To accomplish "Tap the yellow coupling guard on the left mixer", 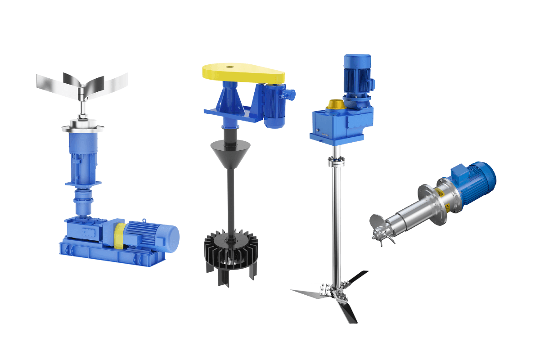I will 118,234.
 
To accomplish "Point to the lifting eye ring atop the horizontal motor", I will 144,220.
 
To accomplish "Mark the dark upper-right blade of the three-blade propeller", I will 358,277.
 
